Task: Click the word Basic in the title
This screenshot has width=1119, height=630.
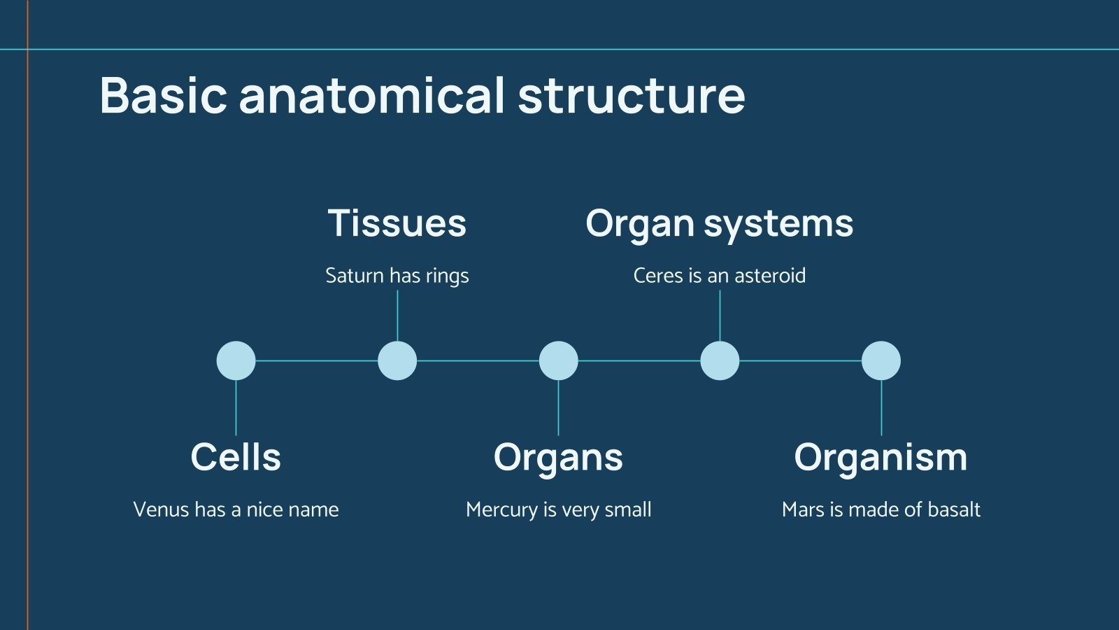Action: (x=164, y=96)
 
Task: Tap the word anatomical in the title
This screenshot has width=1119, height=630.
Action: (x=371, y=96)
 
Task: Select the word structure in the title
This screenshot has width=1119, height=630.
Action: (x=631, y=96)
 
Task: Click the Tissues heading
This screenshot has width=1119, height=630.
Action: (x=397, y=223)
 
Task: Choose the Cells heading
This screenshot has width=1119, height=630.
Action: (x=236, y=457)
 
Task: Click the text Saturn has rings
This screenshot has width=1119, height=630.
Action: (x=397, y=276)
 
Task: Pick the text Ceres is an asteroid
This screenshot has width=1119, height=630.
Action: (x=719, y=275)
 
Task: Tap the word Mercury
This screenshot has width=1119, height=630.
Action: (x=501, y=510)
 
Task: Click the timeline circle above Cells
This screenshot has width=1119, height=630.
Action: (x=236, y=360)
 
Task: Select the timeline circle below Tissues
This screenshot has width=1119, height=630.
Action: (x=397, y=360)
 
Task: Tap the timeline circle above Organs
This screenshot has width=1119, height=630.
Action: (x=558, y=360)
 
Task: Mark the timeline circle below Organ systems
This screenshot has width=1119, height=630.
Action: (x=720, y=360)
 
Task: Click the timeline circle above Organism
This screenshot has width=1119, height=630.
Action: (x=881, y=360)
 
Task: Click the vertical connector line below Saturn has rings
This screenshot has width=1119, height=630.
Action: (x=397, y=315)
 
